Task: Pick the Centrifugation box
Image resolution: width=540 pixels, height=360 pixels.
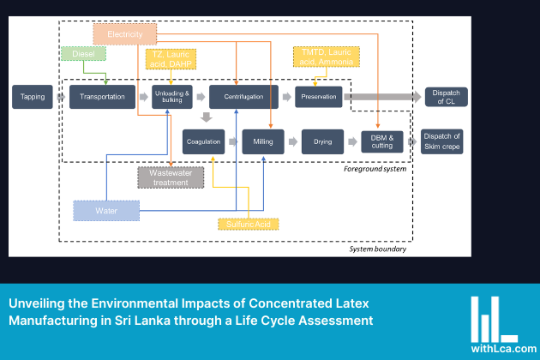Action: click(x=243, y=97)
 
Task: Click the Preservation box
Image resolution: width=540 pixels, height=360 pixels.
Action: click(x=318, y=97)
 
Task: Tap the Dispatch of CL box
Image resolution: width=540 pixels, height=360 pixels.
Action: click(x=446, y=97)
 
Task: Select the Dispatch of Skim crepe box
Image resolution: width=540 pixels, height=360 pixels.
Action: click(x=442, y=140)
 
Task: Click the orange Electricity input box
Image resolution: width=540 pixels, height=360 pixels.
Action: click(x=124, y=33)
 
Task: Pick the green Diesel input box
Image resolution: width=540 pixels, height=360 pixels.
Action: click(x=83, y=54)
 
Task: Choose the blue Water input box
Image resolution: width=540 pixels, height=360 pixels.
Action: click(x=105, y=210)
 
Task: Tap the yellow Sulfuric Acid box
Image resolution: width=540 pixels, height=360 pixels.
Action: click(x=247, y=224)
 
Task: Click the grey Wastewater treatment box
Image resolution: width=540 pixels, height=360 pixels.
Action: click(x=171, y=177)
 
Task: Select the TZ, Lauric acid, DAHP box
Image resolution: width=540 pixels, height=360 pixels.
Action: click(x=171, y=58)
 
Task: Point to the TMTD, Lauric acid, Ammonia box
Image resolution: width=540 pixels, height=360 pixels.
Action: click(x=326, y=57)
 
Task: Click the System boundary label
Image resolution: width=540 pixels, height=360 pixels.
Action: click(x=378, y=249)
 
